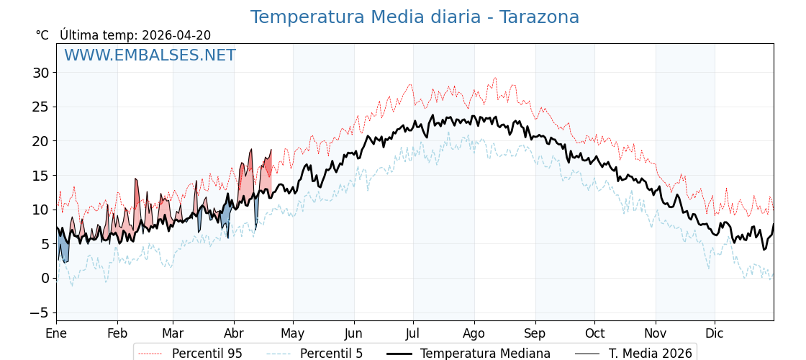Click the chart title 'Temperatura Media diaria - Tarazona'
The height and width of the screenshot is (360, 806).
click(415, 17)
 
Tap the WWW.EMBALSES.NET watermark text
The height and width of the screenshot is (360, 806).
click(150, 55)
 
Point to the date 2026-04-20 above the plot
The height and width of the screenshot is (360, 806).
click(176, 35)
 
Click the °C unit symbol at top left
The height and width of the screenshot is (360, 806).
click(42, 35)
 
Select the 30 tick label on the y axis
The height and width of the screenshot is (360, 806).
click(40, 73)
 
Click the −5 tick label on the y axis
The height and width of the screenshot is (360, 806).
click(39, 312)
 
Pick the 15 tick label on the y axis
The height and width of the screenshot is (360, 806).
click(40, 176)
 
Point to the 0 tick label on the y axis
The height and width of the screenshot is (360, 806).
click(45, 278)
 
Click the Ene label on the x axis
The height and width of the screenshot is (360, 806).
click(56, 333)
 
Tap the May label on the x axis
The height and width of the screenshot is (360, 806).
click(293, 333)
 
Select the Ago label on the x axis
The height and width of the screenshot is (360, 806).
click(474, 333)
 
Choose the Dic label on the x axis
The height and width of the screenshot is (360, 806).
click(715, 333)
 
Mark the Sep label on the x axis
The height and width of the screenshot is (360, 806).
click(535, 333)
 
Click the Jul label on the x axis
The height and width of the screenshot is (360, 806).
click(413, 333)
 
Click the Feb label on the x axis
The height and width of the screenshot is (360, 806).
click(117, 333)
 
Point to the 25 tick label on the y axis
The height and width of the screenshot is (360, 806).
click(40, 107)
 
